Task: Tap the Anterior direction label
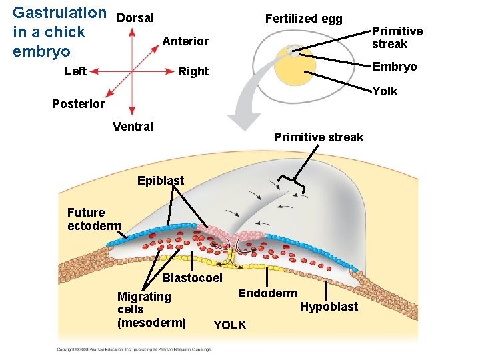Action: pos(185,41)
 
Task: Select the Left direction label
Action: pos(75,71)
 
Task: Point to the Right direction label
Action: pos(193,71)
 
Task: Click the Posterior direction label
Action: pos(79,103)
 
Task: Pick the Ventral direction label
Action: pos(133,126)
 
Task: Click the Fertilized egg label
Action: pos(303,19)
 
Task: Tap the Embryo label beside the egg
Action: pos(395,67)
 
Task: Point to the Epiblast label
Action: pos(160,180)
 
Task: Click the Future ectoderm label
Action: pos(94,219)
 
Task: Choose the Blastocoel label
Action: pos(192,277)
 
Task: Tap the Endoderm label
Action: pos(267,293)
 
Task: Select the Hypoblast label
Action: pos(329,307)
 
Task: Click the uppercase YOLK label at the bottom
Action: pos(229,325)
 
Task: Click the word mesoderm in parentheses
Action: pos(151,323)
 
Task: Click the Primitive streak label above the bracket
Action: pos(319,137)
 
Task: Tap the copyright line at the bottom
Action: pos(134,349)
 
